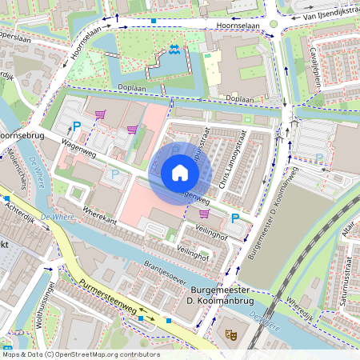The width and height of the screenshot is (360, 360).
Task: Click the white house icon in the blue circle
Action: [180, 173]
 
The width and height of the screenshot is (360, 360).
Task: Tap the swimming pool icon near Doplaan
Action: [174, 53]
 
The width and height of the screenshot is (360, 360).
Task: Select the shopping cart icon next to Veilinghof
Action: [204, 214]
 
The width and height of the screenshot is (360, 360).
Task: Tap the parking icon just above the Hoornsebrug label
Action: [77, 126]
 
